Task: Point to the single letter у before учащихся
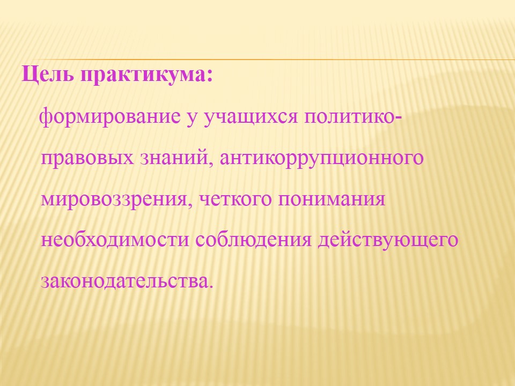pyautogui.click(x=192, y=119)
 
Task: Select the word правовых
pyautogui.click(x=87, y=158)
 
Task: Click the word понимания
pyautogui.click(x=332, y=199)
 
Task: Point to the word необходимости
pyautogui.click(x=115, y=239)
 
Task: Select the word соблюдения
pyautogui.click(x=253, y=240)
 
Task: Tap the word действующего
pyautogui.click(x=388, y=240)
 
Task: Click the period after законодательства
pyautogui.click(x=210, y=286)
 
